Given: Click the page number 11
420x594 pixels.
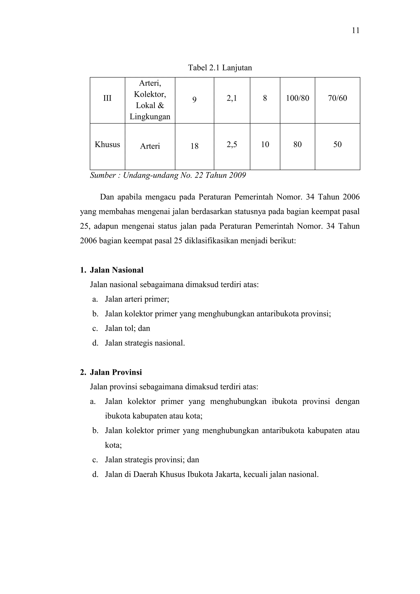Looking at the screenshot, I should click(x=355, y=31).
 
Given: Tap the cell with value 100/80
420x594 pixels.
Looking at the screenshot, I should click(x=297, y=98).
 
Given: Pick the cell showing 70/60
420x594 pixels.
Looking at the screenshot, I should click(x=337, y=98).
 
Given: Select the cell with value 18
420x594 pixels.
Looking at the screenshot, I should click(x=194, y=146).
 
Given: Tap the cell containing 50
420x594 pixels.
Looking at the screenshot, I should click(x=337, y=144).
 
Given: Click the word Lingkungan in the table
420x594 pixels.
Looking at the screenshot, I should click(x=150, y=117).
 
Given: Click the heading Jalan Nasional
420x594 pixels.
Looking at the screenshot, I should click(x=116, y=270).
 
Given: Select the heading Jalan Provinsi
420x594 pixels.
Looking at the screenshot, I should click(x=116, y=372).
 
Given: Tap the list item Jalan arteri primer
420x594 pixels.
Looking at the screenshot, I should click(x=137, y=299).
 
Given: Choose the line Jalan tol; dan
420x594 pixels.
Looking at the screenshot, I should click(x=127, y=328).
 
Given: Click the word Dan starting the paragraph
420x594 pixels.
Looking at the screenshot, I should click(x=107, y=197).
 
